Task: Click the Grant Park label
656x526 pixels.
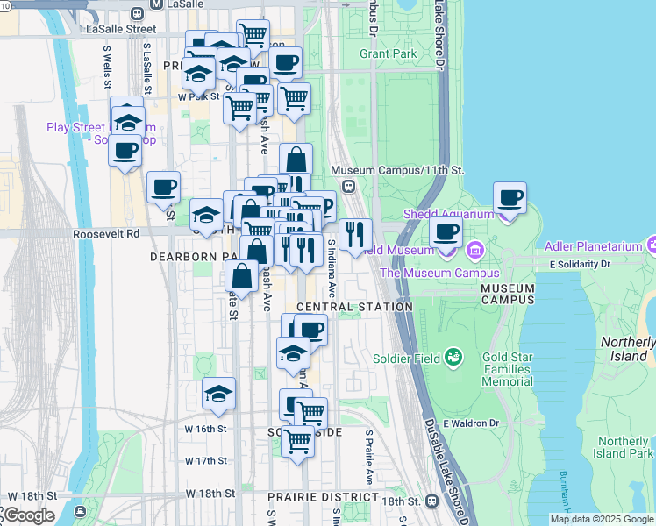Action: (x=389, y=53)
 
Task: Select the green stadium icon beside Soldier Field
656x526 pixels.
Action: (x=453, y=356)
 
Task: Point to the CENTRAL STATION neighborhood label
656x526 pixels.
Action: (x=354, y=307)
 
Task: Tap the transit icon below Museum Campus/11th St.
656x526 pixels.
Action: (x=348, y=186)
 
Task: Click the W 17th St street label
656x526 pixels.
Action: (x=206, y=460)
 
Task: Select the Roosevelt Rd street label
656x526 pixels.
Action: (x=106, y=234)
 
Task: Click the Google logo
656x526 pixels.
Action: (x=28, y=515)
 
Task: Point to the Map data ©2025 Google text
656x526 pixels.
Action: (x=601, y=519)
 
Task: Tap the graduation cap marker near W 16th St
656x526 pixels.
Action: (x=218, y=394)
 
